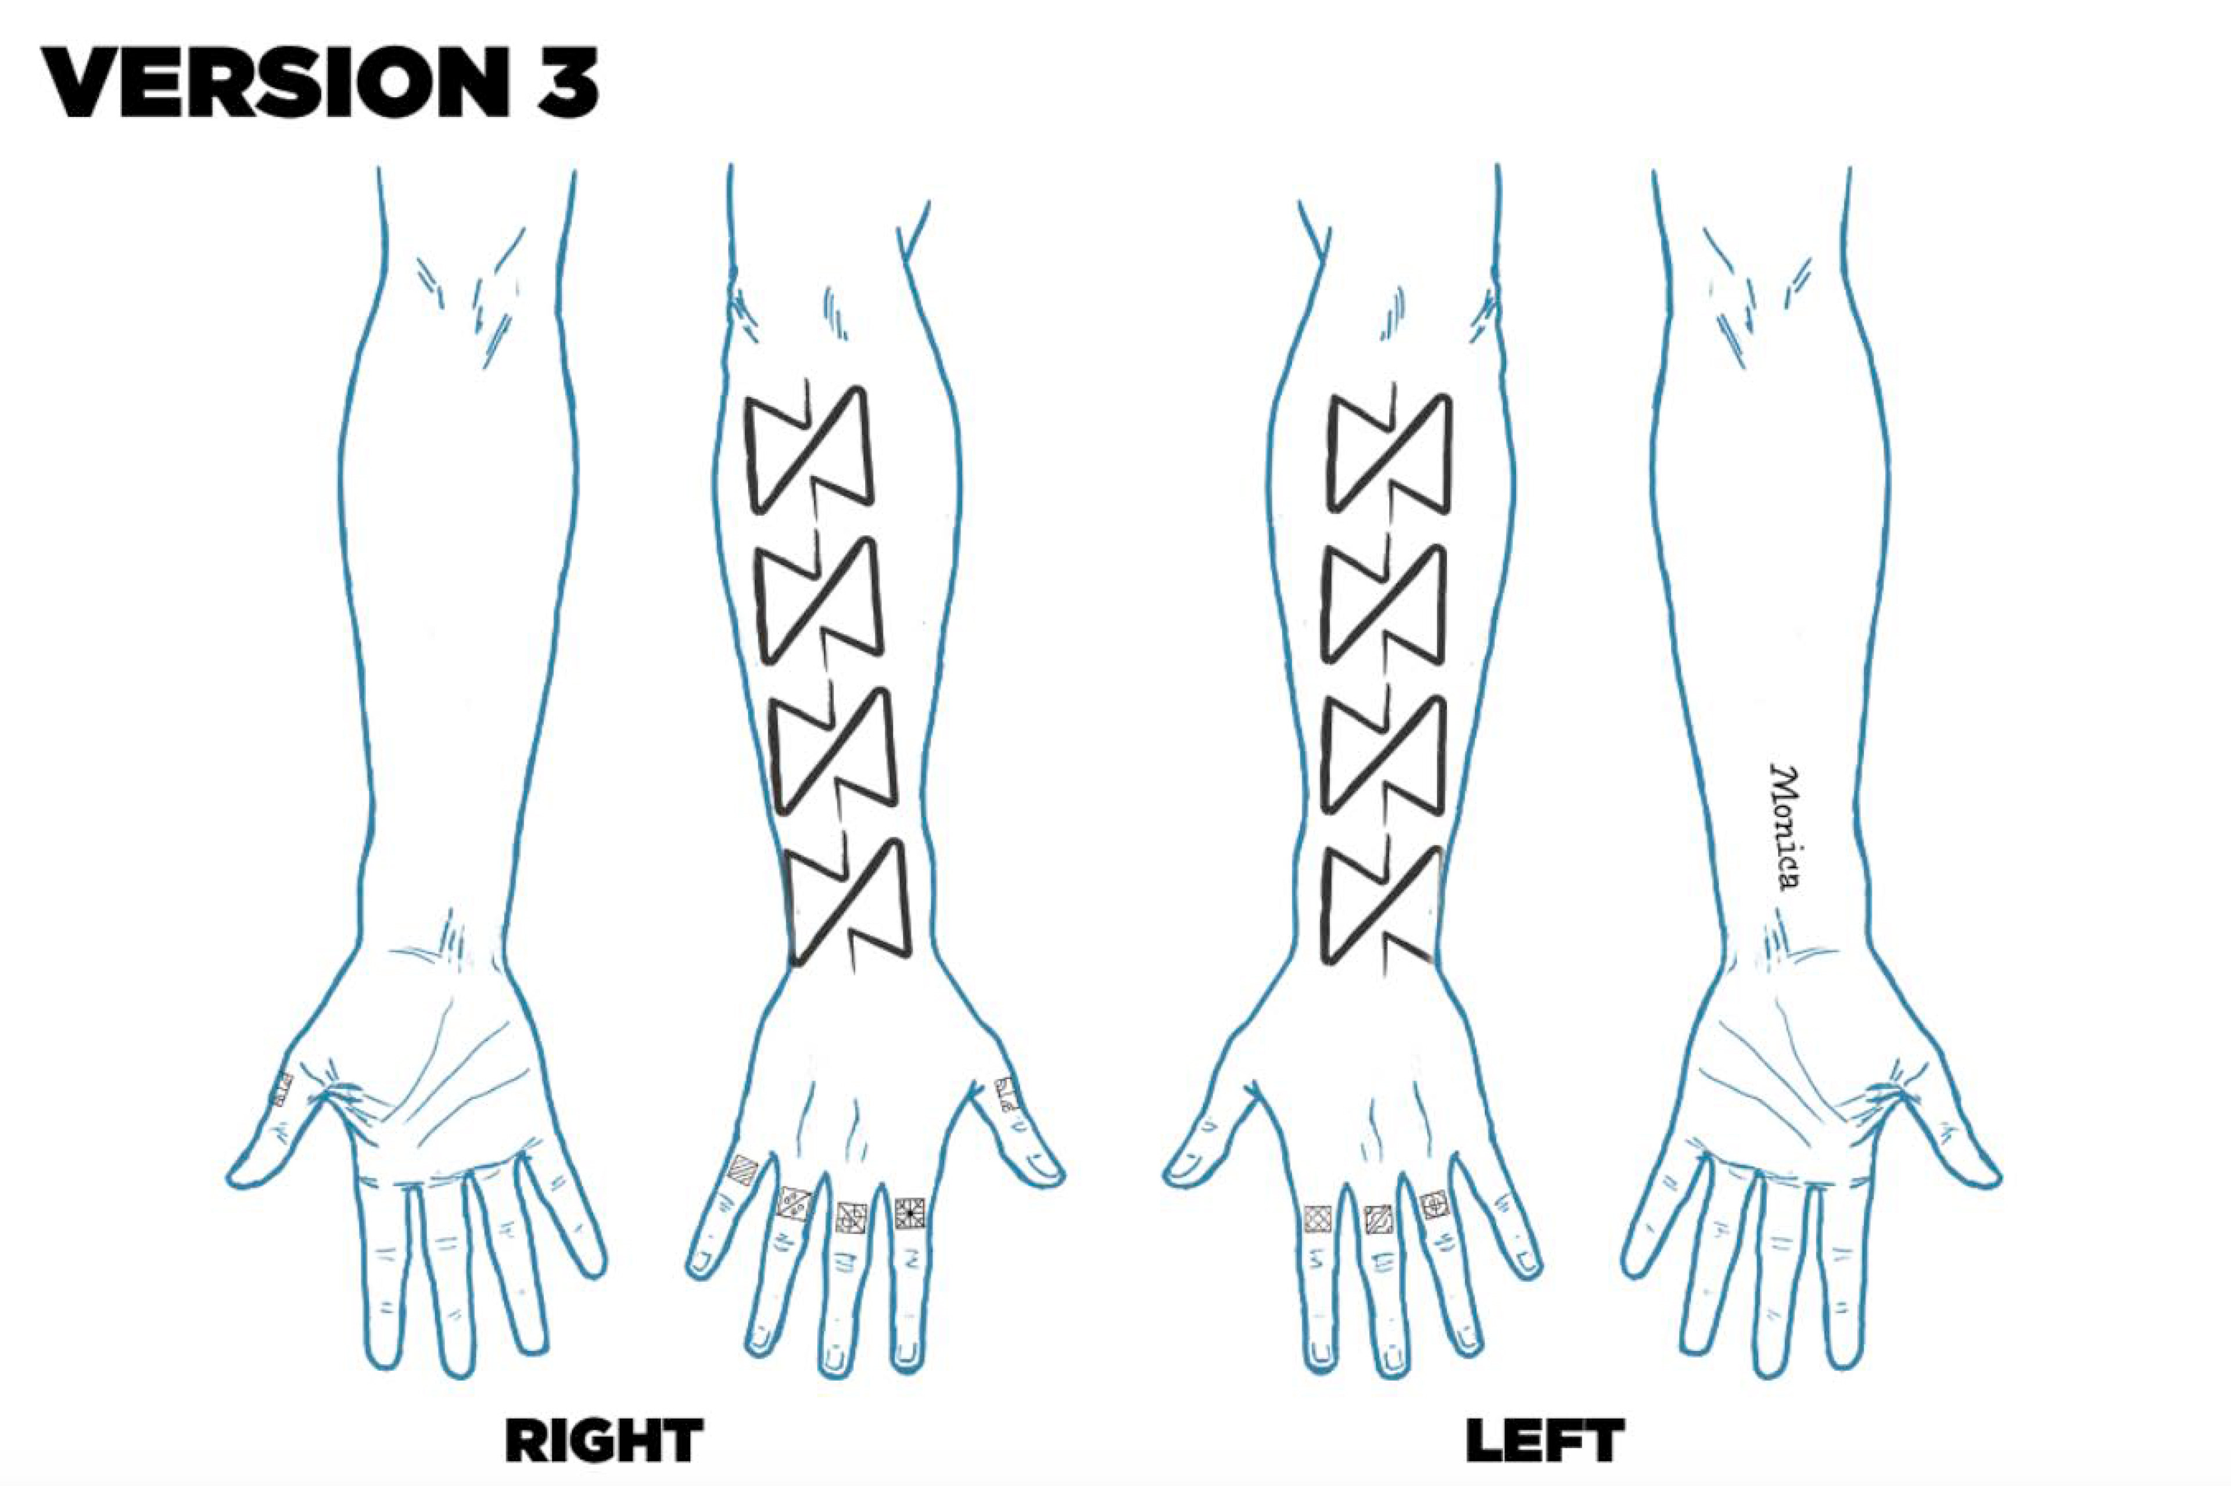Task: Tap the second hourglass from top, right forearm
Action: [821, 599]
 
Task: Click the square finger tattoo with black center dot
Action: [910, 1213]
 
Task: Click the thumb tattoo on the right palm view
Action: [282, 1090]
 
